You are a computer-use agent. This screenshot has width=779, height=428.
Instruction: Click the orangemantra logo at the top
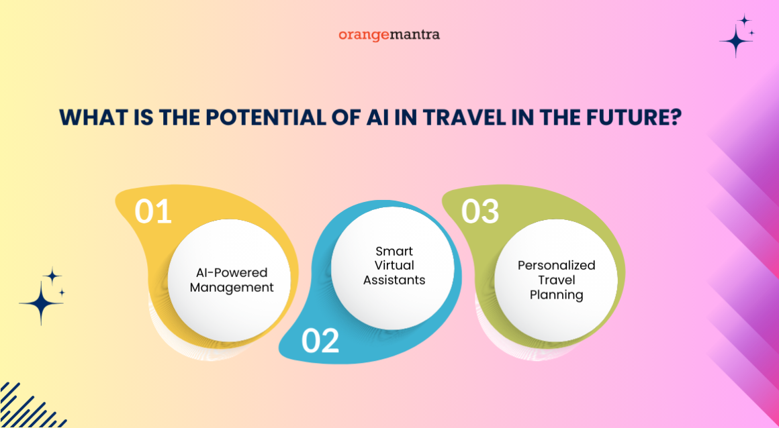pyautogui.click(x=389, y=34)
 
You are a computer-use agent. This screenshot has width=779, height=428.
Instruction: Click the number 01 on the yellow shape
pyautogui.click(x=152, y=211)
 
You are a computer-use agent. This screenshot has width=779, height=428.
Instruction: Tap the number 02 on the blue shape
pyautogui.click(x=320, y=341)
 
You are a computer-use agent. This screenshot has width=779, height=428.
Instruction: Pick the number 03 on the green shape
pyautogui.click(x=479, y=211)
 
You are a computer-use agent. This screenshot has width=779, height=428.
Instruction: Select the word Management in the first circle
pyautogui.click(x=232, y=288)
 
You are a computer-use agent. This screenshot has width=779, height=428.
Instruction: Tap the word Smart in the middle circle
pyautogui.click(x=394, y=251)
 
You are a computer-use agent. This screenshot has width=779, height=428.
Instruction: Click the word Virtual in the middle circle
pyautogui.click(x=394, y=266)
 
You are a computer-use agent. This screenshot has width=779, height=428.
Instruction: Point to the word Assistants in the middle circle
pyautogui.click(x=394, y=280)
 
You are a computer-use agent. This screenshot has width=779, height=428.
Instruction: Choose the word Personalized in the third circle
pyautogui.click(x=556, y=266)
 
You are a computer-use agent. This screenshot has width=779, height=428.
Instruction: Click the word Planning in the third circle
pyautogui.click(x=556, y=295)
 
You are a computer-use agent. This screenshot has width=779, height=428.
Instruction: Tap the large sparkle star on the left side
pyautogui.click(x=41, y=303)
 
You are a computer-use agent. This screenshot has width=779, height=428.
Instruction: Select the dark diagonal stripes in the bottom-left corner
pyautogui.click(x=24, y=406)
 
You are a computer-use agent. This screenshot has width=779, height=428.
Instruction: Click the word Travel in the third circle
pyautogui.click(x=556, y=280)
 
